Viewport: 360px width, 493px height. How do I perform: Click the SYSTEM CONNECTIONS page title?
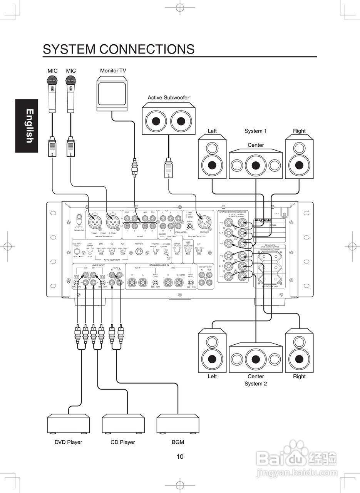pyautogui.click(x=119, y=49)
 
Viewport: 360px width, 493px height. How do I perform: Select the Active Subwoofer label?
pyautogui.click(x=168, y=97)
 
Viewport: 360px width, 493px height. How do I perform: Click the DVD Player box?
pyautogui.click(x=68, y=424)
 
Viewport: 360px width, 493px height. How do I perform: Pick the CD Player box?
pyautogui.click(x=123, y=424)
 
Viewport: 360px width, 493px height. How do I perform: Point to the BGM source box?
pyautogui.click(x=177, y=424)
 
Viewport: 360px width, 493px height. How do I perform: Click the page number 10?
pyautogui.click(x=180, y=457)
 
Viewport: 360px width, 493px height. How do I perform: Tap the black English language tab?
pyautogui.click(x=27, y=126)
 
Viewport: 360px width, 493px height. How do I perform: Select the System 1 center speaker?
pyautogui.click(x=256, y=165)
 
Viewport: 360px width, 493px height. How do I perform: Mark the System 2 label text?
pyautogui.click(x=256, y=384)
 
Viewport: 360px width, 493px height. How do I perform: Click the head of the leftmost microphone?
pyautogui.click(x=52, y=81)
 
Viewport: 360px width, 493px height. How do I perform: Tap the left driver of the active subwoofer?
pyautogui.click(x=156, y=121)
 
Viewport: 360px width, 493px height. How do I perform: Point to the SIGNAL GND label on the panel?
pyautogui.click(x=79, y=230)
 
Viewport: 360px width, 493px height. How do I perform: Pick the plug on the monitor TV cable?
pyautogui.click(x=134, y=168)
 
